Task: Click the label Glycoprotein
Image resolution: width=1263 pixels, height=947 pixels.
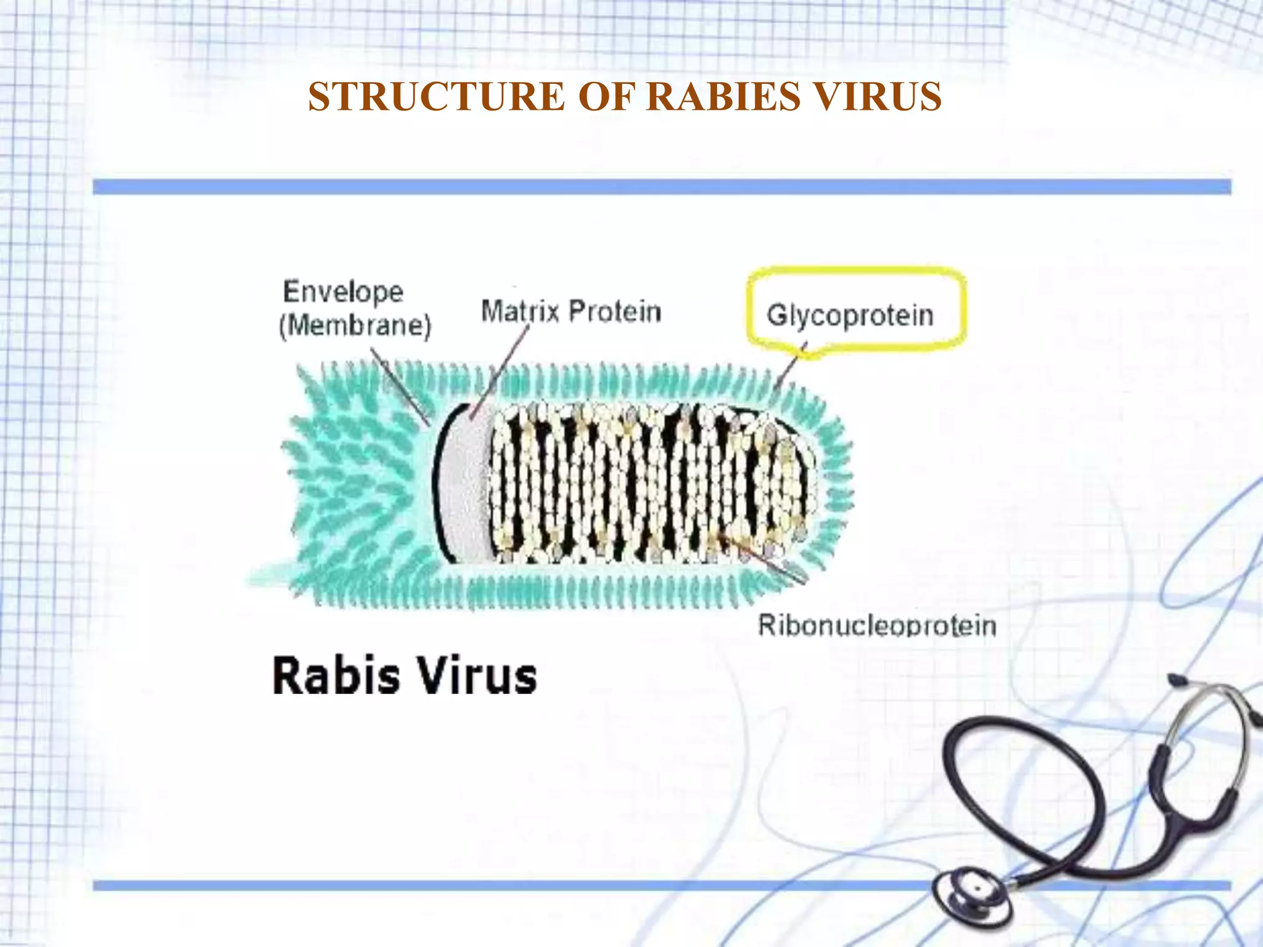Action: click(x=850, y=315)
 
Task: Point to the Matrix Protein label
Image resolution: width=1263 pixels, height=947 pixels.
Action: click(x=570, y=311)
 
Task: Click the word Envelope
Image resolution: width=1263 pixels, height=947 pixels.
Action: click(x=343, y=292)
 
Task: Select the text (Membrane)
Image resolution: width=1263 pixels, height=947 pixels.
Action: click(x=355, y=326)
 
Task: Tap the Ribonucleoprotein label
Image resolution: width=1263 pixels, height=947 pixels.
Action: click(x=876, y=625)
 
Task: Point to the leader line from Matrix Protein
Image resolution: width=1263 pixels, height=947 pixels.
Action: click(x=501, y=372)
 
